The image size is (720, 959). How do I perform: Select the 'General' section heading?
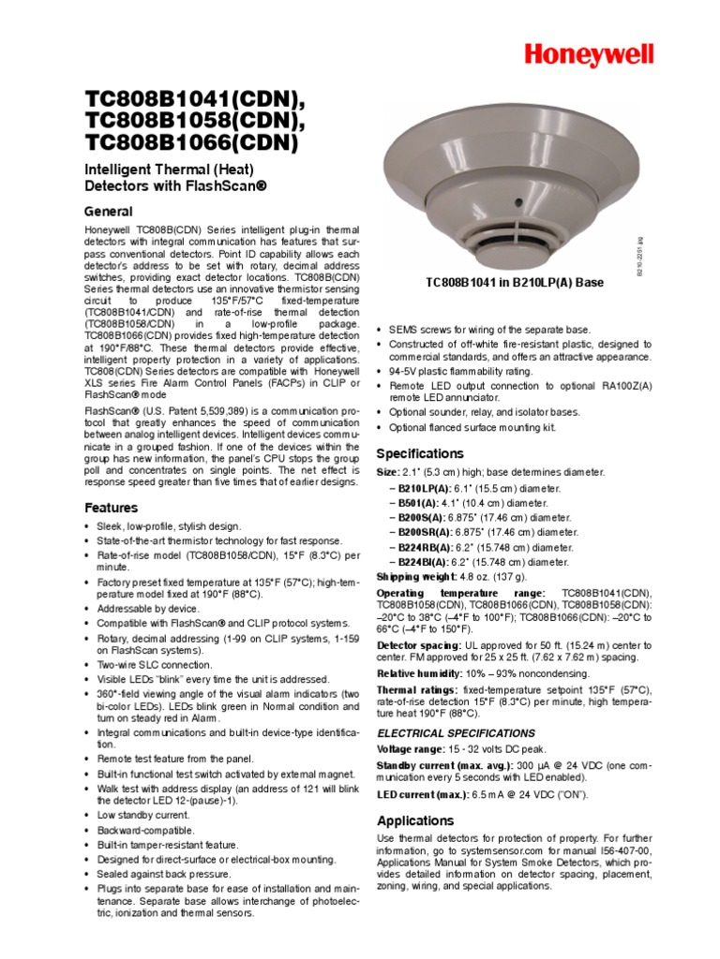point(109,212)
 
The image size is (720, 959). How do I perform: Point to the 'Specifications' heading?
point(420,453)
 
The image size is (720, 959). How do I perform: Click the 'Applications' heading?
point(415,820)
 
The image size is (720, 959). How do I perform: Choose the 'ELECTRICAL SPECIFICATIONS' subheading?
point(456,733)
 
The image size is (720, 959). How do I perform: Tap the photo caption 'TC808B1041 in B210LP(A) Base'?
point(515,282)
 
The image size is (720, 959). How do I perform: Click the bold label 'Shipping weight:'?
point(415,577)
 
